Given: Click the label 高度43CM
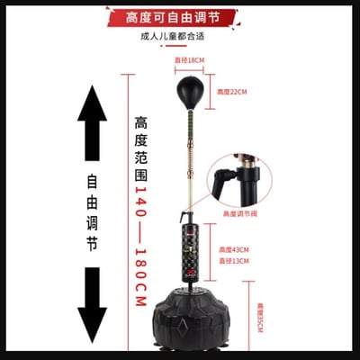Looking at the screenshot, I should pyautogui.click(x=232, y=250).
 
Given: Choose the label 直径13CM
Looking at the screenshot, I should pyautogui.click(x=232, y=262).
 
